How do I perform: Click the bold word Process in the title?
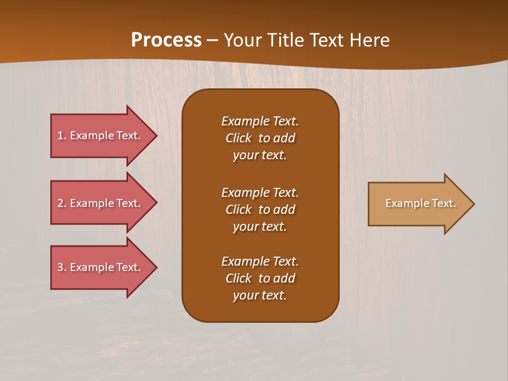[x=166, y=40]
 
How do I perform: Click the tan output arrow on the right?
[x=418, y=204]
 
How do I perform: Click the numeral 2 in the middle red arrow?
[x=61, y=203]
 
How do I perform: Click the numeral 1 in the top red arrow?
[x=61, y=135]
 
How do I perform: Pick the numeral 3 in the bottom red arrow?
[x=61, y=267]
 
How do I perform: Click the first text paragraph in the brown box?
[x=260, y=138]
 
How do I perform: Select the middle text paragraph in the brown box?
[x=260, y=209]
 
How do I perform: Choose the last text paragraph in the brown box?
[x=260, y=278]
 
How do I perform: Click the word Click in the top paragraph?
[x=239, y=138]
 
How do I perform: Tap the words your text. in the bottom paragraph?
[x=260, y=295]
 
